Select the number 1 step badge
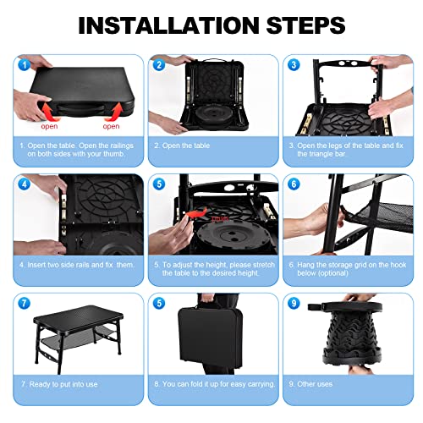23,63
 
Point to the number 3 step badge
294,63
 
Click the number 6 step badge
294,183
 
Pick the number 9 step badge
294,302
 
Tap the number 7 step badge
23,302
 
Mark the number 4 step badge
23,183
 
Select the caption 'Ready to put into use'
60,383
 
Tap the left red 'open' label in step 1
51,125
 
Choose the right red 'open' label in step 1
111,125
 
